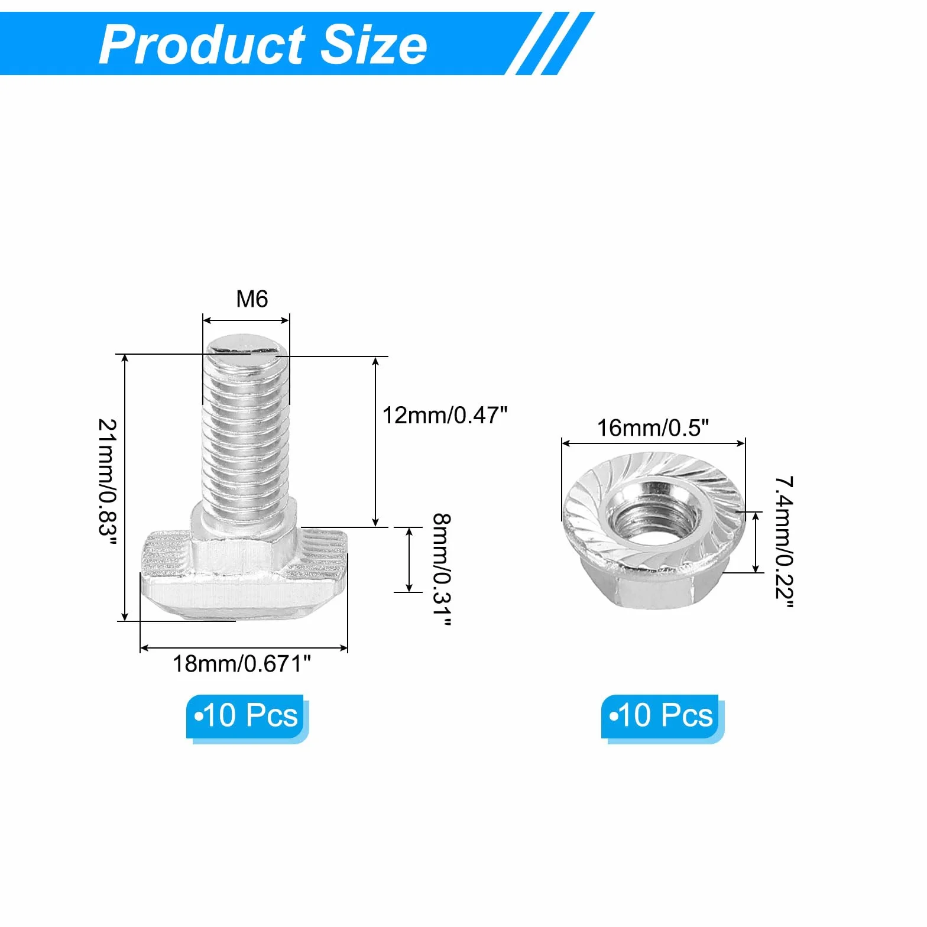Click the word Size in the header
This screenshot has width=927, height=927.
click(373, 45)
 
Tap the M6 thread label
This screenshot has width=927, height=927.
click(252, 299)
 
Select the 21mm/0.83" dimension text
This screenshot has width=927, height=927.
click(107, 484)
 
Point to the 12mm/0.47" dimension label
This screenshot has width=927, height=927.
click(445, 415)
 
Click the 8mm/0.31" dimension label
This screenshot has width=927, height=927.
click(442, 570)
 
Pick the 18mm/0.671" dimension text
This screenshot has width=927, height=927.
click(241, 663)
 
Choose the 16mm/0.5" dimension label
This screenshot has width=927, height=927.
click(652, 427)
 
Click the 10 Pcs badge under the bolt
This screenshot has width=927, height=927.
click(247, 718)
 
